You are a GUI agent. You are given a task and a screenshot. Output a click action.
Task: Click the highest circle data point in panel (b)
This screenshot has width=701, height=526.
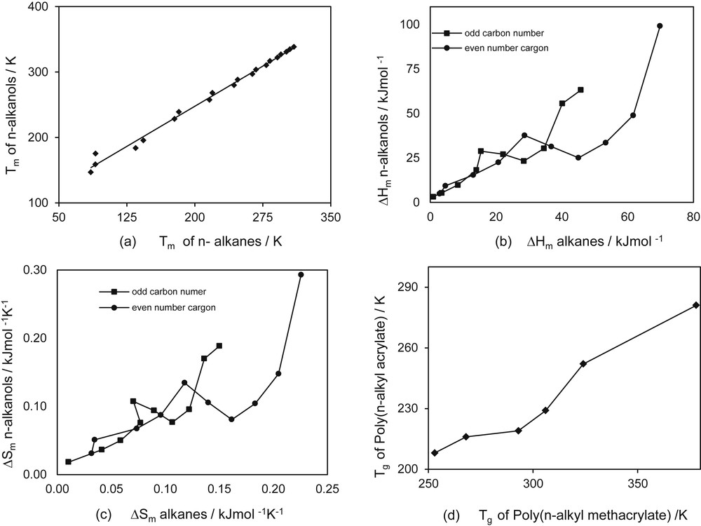(x=660, y=26)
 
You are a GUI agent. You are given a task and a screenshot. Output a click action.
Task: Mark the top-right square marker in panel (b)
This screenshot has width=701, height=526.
(x=580, y=90)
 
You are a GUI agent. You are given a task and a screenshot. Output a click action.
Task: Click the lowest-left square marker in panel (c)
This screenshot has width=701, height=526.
(x=68, y=461)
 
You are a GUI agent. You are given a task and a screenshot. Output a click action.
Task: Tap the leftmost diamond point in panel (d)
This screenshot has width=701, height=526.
(x=435, y=453)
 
